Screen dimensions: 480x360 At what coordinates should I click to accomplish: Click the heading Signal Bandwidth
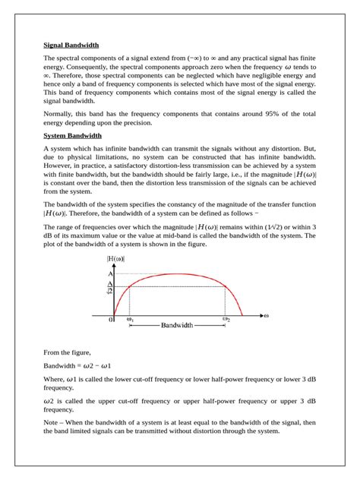(71, 45)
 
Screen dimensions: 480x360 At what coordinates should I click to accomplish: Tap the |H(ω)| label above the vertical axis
(117, 260)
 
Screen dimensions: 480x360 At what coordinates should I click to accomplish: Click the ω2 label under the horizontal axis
(226, 320)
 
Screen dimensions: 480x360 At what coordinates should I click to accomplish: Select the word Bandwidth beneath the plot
(178, 325)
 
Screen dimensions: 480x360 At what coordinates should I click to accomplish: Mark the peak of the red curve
(178, 274)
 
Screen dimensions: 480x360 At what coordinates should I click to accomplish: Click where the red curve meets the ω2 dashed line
(226, 286)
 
